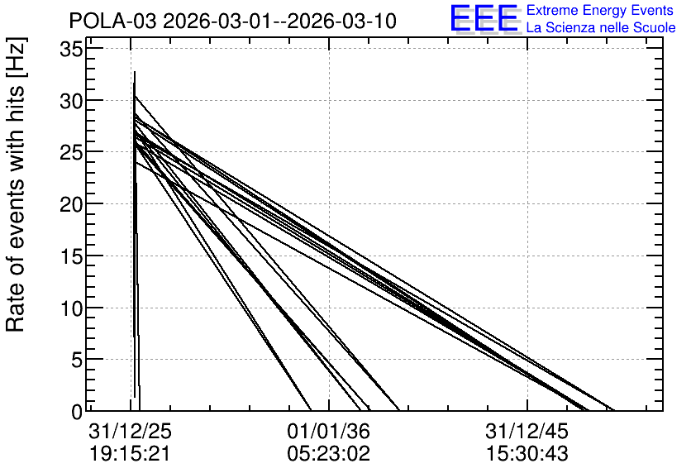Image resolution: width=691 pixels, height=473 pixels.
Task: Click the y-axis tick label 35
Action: (71, 49)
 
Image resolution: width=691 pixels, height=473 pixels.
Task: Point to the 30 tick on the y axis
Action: (71, 101)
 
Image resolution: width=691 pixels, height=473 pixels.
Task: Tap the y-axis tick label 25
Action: (71, 152)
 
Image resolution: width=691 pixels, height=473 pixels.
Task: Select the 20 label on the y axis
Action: (71, 204)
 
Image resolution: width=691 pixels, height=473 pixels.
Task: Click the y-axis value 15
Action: (71, 256)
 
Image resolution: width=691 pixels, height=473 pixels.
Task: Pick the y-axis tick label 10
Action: (71, 308)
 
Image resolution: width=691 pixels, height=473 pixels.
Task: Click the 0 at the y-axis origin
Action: (77, 412)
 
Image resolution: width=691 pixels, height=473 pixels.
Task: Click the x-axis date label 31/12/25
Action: (131, 431)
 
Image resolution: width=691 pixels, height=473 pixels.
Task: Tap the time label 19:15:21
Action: (131, 453)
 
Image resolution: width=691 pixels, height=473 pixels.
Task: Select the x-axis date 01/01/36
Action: (329, 431)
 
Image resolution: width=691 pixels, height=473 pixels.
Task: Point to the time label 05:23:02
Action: (329, 453)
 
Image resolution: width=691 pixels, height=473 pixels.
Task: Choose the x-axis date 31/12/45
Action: (527, 431)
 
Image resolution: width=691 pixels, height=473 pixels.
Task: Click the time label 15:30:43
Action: (527, 453)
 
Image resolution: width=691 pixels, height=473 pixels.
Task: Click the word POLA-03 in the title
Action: (112, 21)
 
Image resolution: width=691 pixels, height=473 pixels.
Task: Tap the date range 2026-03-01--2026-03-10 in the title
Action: (280, 21)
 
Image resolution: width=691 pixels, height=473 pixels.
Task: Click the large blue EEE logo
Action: (484, 18)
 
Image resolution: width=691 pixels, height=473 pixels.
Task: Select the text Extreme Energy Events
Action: (600, 10)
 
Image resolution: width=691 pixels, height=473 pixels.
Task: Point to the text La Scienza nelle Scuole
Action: (601, 27)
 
